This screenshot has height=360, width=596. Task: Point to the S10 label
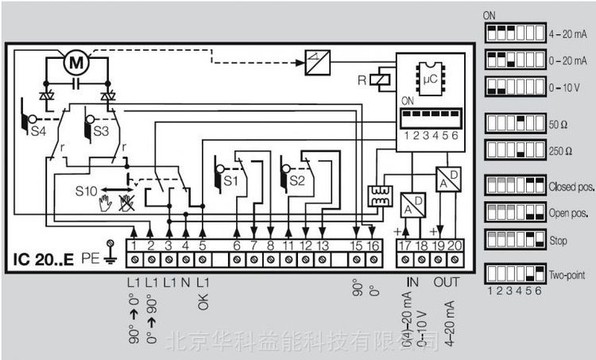(87, 190)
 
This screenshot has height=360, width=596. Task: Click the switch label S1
(231, 181)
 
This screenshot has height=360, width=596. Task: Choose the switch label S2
(297, 181)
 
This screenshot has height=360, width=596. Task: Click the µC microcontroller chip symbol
(431, 79)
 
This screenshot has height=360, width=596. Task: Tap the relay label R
(385, 79)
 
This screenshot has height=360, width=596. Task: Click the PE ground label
(90, 259)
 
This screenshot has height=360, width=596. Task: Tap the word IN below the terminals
(412, 284)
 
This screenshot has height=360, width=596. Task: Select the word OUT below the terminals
(446, 284)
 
